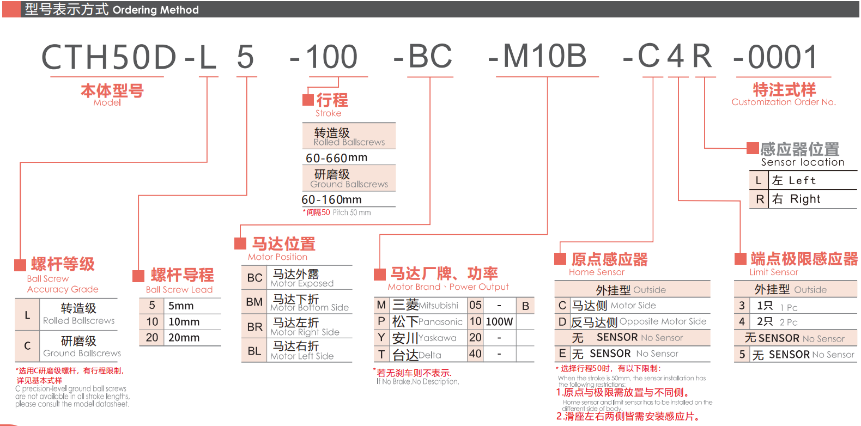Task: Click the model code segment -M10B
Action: point(538,57)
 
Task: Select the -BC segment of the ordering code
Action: point(423,57)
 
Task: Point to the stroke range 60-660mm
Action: point(336,158)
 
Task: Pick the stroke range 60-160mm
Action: point(331,200)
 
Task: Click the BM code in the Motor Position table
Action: point(254,302)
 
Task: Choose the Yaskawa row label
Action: point(381,338)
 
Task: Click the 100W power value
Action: point(499,322)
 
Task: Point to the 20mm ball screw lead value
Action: point(184,338)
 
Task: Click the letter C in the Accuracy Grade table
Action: point(27,346)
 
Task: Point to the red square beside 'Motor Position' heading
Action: point(240,243)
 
